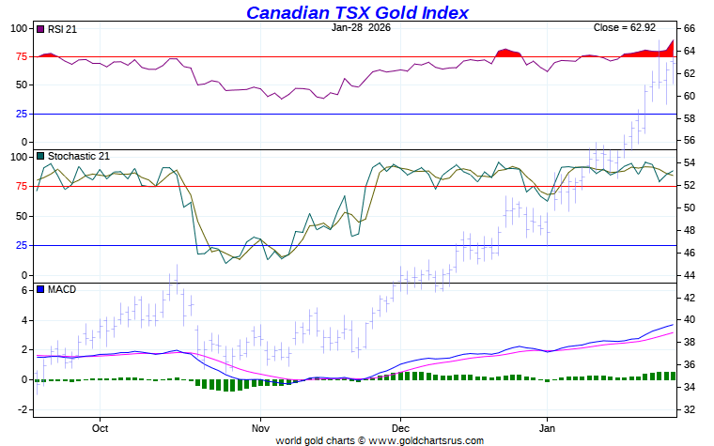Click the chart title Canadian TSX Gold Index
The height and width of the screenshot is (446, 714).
coord(357,12)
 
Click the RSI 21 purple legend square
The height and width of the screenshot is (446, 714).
coord(39,29)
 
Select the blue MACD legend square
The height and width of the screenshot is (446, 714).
coord(39,289)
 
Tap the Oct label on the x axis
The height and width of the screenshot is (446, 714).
coord(101,428)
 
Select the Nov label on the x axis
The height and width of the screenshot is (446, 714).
coord(260,428)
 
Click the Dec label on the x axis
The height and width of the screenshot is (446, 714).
coord(399,428)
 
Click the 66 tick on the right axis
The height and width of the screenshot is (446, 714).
coord(689,28)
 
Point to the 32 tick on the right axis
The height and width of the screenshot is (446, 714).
coord(689,409)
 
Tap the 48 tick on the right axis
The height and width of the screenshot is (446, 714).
coord(689,230)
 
